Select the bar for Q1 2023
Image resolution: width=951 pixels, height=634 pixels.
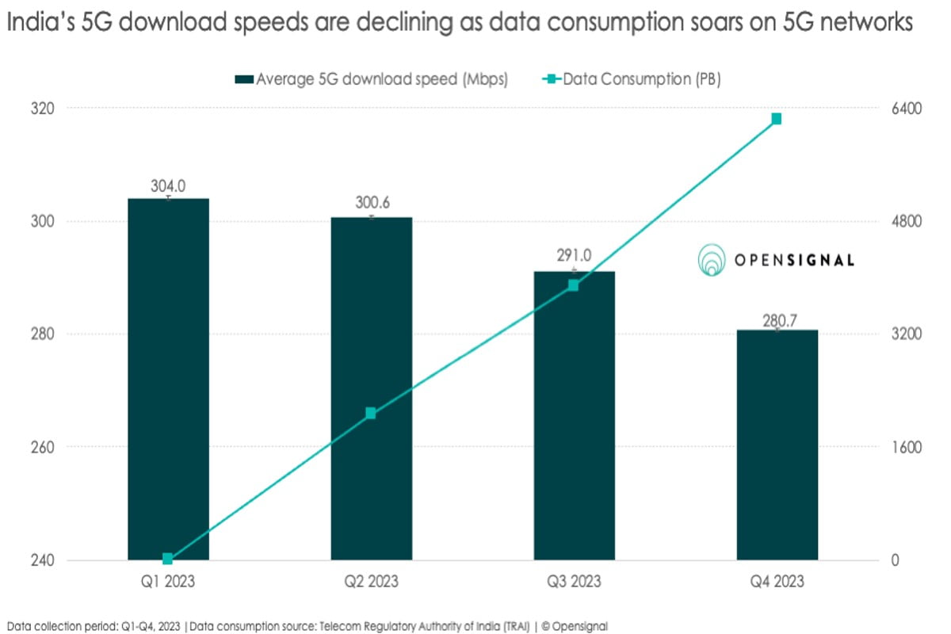coord(168,380)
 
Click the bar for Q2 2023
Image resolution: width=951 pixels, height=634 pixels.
coord(371,388)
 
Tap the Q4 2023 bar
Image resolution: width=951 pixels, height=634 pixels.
coord(777,444)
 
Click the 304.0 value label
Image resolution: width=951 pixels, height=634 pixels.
coord(168,186)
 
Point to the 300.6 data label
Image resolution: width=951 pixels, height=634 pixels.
coord(371,204)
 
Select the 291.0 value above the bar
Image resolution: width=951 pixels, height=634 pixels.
coord(574,258)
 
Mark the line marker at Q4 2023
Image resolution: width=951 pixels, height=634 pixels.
coord(777,119)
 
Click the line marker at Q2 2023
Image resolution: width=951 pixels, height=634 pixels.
coord(371,413)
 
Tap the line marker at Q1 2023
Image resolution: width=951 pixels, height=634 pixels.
coord(168,559)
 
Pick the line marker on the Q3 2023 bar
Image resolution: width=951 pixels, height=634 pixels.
coord(574,285)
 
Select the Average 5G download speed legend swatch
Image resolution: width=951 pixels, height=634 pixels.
coord(243,78)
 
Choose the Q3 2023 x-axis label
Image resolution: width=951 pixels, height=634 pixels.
coord(574,582)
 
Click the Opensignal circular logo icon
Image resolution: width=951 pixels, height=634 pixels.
coord(712,260)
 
